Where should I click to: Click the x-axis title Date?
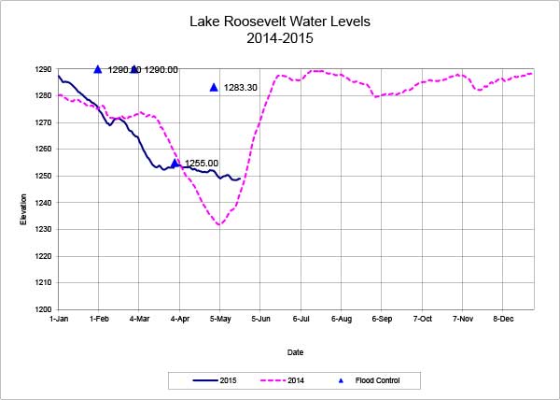pyautogui.click(x=295, y=352)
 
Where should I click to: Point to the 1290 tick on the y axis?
pyautogui.click(x=43, y=69)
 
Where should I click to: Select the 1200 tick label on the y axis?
pyautogui.click(x=43, y=309)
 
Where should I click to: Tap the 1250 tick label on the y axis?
pyautogui.click(x=43, y=176)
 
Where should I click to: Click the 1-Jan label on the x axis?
pyautogui.click(x=58, y=320)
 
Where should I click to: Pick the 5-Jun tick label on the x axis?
pyautogui.click(x=259, y=320)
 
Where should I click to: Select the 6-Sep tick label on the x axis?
pyautogui.click(x=381, y=320)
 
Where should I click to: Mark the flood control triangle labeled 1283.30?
pyautogui.click(x=214, y=87)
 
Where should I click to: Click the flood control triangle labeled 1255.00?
pyautogui.click(x=175, y=163)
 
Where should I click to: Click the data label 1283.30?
pyautogui.click(x=240, y=88)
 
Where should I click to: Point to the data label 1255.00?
pyautogui.click(x=202, y=164)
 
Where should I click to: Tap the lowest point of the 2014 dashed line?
pyautogui.click(x=218, y=225)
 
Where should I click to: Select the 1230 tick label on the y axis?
pyautogui.click(x=43, y=229)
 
